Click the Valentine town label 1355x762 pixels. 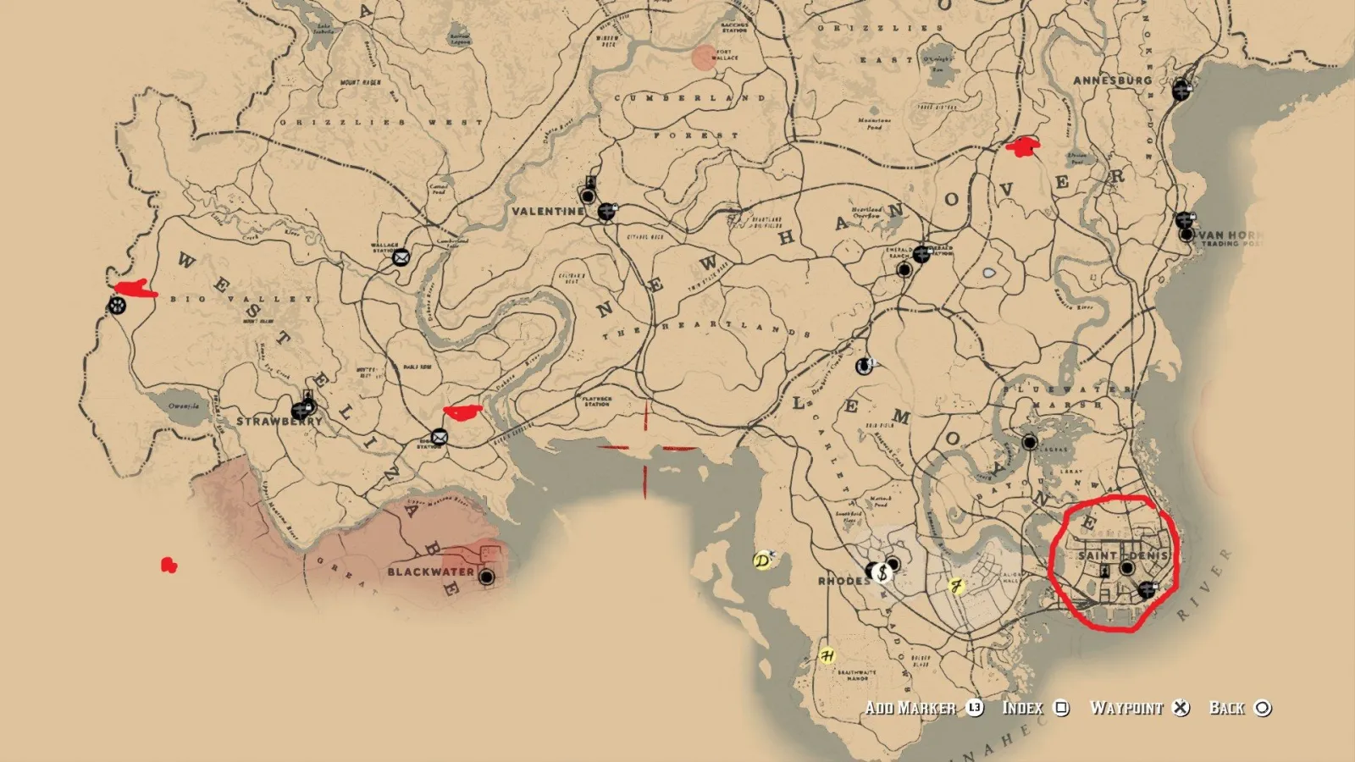tap(547, 211)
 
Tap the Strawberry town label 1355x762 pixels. tap(279, 421)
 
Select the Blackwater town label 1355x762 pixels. tap(430, 571)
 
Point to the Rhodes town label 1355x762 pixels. tap(843, 581)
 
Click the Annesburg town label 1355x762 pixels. tap(1112, 80)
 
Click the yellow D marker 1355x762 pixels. tap(763, 560)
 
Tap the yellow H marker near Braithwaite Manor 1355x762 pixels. tap(827, 655)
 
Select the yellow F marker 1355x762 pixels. tap(957, 586)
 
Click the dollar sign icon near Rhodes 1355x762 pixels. tap(882, 573)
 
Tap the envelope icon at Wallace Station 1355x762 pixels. tap(401, 257)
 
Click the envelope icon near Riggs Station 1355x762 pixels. tap(439, 437)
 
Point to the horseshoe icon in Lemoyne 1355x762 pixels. tap(863, 367)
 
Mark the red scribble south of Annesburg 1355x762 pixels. tap(1023, 147)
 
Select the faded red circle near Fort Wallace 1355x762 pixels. tap(704, 58)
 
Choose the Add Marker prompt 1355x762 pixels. tap(910, 708)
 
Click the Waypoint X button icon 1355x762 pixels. tap(1181, 708)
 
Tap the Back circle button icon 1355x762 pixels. tap(1263, 708)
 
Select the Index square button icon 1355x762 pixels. tap(1061, 708)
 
